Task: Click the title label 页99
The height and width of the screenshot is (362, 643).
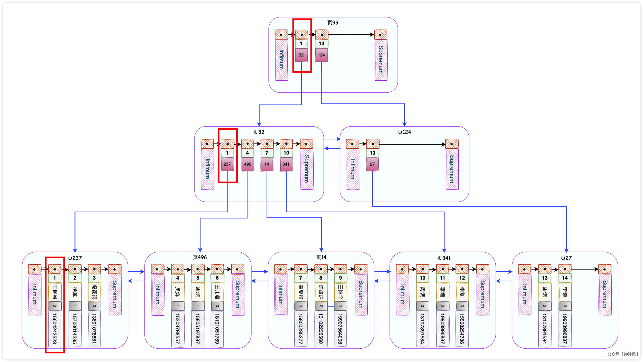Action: pos(333,23)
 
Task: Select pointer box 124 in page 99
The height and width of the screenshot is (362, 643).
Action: pos(321,55)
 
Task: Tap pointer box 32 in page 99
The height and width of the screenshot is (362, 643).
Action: pos(301,55)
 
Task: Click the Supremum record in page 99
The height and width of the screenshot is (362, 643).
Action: pos(381,60)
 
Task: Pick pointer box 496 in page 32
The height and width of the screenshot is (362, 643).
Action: pos(248,164)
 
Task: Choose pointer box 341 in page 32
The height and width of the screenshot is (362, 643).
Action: pos(286,164)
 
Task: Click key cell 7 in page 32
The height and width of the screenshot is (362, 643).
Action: pos(267,153)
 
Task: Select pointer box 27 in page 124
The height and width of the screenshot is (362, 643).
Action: pos(372,164)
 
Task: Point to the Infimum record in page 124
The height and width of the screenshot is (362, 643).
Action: pos(353,169)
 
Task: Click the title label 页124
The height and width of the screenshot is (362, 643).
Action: pos(404,132)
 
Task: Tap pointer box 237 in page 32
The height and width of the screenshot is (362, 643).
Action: pos(227,164)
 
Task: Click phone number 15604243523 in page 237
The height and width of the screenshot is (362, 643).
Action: pos(54,329)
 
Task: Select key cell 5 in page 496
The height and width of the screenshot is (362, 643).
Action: pos(198,278)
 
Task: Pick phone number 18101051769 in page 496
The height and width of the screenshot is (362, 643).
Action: pos(217,329)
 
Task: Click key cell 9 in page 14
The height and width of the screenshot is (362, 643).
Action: pos(340,278)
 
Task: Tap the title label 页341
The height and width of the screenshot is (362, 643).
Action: pos(444,258)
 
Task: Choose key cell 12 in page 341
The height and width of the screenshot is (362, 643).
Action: pos(462,278)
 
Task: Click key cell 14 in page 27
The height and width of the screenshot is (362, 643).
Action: pos(565,278)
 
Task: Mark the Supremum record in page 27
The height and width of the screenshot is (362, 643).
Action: pos(605,294)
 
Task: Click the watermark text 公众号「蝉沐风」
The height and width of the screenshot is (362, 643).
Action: pos(622,354)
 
